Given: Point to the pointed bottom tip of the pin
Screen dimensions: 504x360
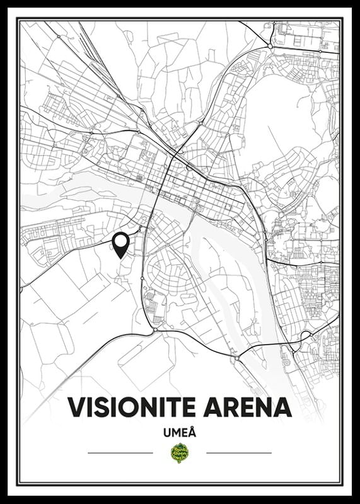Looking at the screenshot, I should pos(120,258).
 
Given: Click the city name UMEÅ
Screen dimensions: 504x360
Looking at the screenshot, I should pos(180,433).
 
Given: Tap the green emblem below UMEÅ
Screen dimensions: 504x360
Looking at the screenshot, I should pos(180,453).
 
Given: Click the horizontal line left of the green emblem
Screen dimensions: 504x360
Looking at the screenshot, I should pos(120,453).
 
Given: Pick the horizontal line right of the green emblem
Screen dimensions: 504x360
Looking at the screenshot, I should pos(239,453).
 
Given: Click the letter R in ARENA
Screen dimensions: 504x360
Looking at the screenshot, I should pos(231,407).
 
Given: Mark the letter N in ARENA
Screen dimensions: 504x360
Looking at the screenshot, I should pos(264,407).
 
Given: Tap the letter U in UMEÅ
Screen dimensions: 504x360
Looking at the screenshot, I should pos(165,433).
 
